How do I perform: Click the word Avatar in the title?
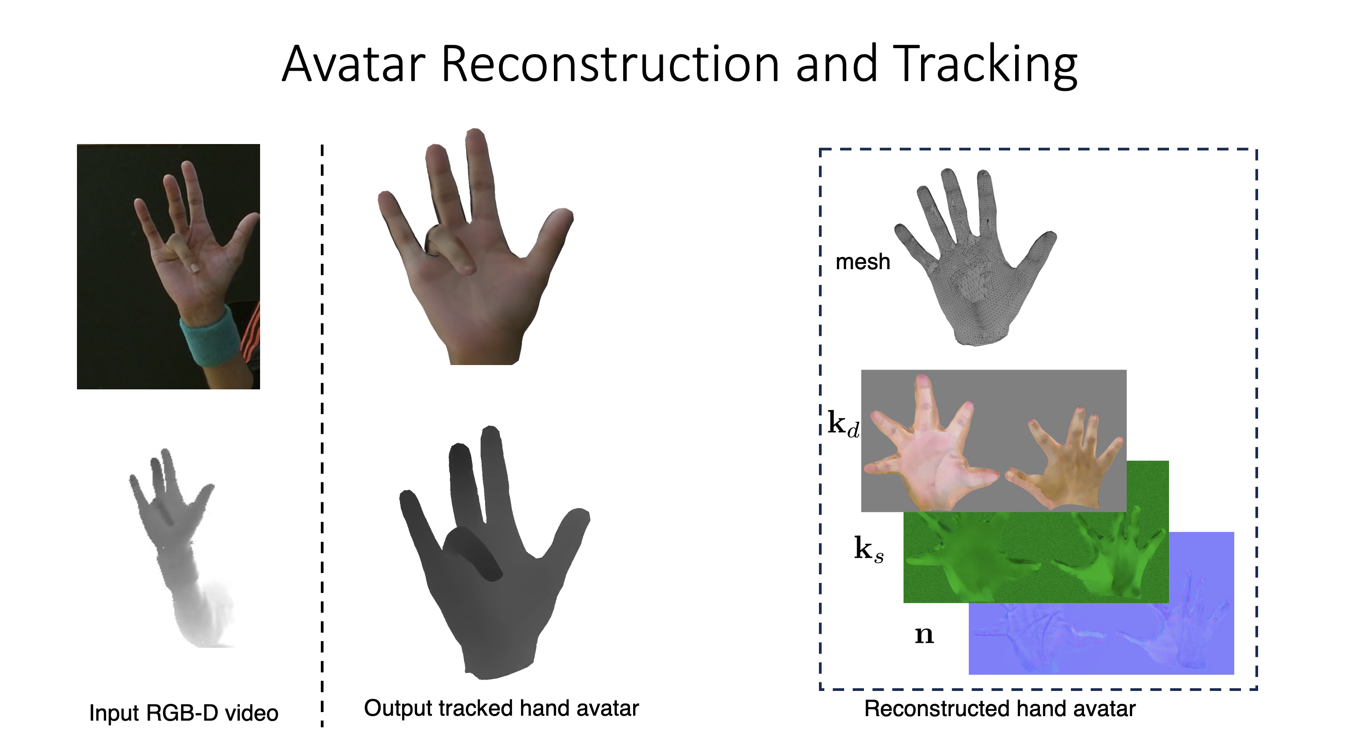click(354, 64)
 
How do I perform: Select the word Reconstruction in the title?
click(610, 64)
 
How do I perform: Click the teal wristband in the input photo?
click(210, 336)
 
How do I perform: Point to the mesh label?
click(863, 262)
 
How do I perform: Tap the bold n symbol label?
click(924, 635)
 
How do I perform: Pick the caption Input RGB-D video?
click(184, 713)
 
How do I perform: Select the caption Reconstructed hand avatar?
click(1000, 709)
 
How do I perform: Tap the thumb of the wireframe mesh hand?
click(1033, 253)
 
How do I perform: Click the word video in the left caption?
click(251, 713)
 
